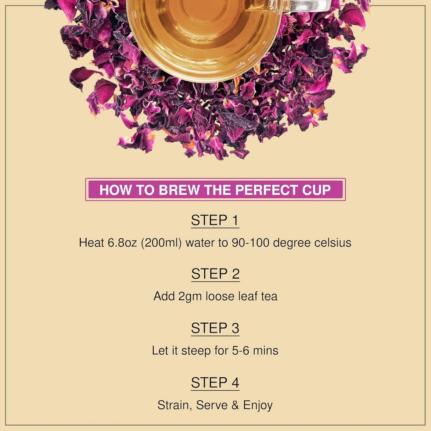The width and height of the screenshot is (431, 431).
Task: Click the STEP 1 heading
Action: pyautogui.click(x=215, y=220)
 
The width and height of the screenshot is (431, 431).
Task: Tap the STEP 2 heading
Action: pyautogui.click(x=215, y=274)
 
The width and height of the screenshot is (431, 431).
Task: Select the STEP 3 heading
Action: pyautogui.click(x=215, y=328)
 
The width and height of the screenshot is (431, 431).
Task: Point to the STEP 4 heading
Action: pyautogui.click(x=215, y=383)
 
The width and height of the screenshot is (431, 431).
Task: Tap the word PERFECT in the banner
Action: pyautogui.click(x=266, y=190)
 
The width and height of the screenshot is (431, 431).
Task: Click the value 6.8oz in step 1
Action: pyautogui.click(x=122, y=243)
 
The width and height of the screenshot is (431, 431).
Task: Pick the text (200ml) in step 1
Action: pyautogui.click(x=161, y=243)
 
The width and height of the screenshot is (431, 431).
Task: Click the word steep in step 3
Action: pyautogui.click(x=196, y=351)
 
